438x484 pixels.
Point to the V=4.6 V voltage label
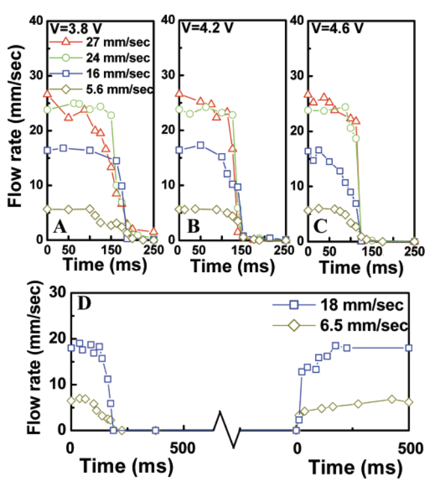[x=336, y=28]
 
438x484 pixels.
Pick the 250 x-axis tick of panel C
[x=413, y=251]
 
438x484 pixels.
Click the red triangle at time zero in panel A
[x=47, y=93]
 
